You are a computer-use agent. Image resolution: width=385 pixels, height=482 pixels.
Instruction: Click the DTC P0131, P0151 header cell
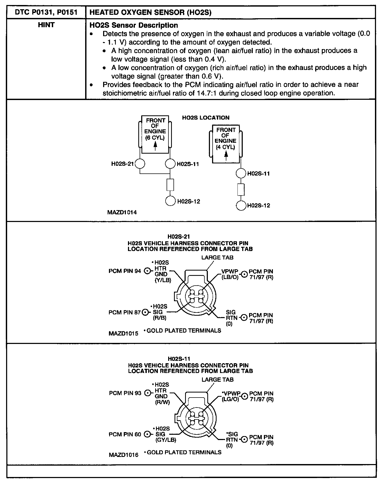pyautogui.click(x=46, y=12)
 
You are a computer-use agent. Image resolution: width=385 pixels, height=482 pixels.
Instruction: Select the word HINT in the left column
pyautogui.click(x=46, y=25)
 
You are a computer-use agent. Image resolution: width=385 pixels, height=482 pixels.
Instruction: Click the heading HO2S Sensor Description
pyautogui.click(x=134, y=25)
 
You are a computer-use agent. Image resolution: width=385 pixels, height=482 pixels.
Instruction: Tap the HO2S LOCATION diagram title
pyautogui.click(x=206, y=118)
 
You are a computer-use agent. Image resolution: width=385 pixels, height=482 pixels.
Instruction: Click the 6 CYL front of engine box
pyautogui.click(x=155, y=135)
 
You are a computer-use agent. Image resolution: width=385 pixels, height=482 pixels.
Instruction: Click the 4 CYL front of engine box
pyautogui.click(x=226, y=144)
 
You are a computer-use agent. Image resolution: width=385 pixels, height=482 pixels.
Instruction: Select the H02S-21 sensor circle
pyautogui.click(x=140, y=164)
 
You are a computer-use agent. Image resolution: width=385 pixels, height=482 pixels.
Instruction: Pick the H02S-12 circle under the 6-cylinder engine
pyautogui.click(x=170, y=201)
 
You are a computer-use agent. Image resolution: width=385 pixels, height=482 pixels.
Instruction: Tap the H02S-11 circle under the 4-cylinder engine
pyautogui.click(x=241, y=173)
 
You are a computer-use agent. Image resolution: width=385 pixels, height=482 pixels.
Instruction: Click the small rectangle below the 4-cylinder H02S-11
pyautogui.click(x=241, y=190)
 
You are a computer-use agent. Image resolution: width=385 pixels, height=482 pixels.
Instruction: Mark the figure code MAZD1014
pyautogui.click(x=122, y=212)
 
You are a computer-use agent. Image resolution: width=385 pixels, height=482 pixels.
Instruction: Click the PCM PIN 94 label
pyautogui.click(x=125, y=271)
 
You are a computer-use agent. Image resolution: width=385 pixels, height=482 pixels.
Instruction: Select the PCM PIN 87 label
pyautogui.click(x=125, y=313)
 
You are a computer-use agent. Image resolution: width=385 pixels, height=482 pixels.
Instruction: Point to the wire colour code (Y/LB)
pyautogui.click(x=163, y=280)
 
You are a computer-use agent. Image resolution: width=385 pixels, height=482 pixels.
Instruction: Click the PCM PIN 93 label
pyautogui.click(x=125, y=393)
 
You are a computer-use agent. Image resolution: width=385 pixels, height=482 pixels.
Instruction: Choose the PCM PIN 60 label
pyautogui.click(x=125, y=434)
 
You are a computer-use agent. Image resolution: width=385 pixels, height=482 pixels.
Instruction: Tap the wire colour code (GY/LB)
pyautogui.click(x=166, y=440)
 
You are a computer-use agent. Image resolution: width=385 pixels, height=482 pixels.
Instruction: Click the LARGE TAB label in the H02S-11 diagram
pyautogui.click(x=217, y=380)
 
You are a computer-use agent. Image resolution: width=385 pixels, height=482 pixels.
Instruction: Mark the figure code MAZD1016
pyautogui.click(x=123, y=455)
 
